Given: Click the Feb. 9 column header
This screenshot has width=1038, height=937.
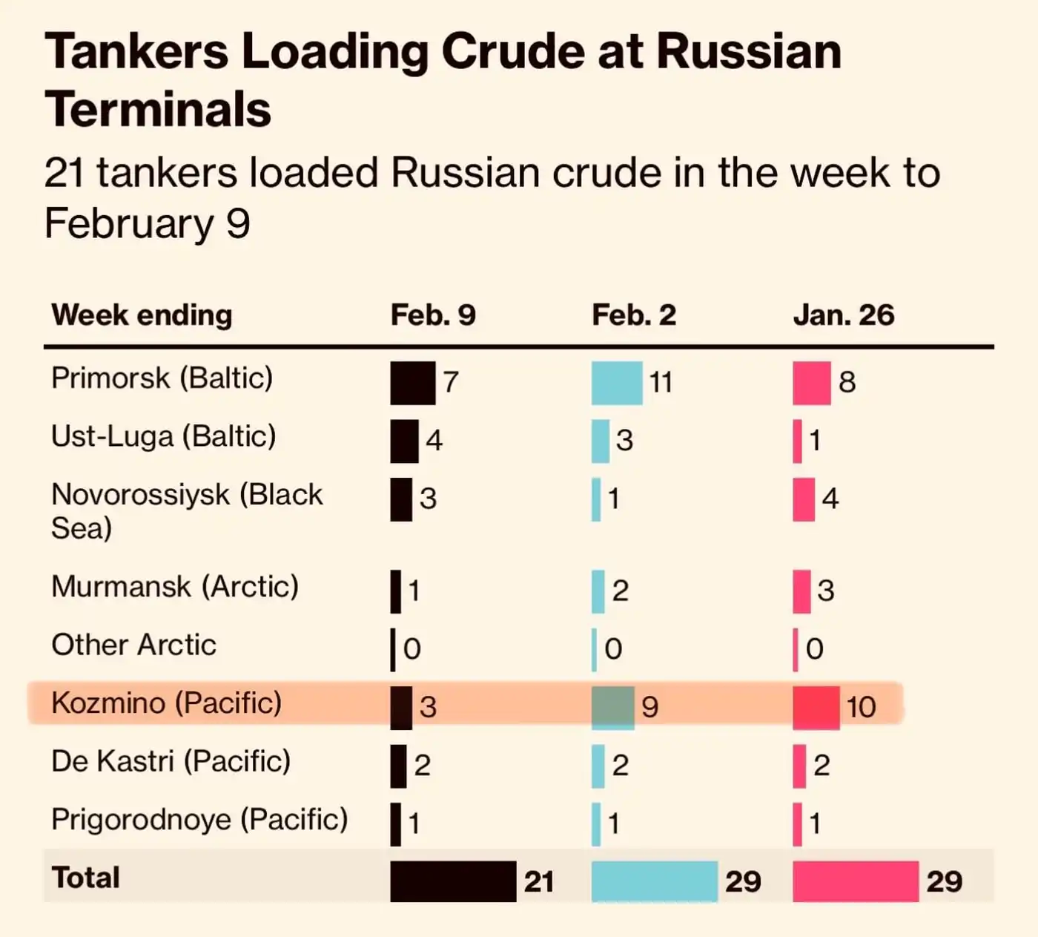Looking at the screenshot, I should click(433, 315).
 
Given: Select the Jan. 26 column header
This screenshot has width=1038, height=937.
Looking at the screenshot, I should click(844, 315).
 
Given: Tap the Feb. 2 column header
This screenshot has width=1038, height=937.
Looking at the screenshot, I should click(634, 315).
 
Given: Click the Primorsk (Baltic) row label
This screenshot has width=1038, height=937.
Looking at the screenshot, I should click(162, 378).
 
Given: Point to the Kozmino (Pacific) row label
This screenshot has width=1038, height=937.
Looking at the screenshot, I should click(166, 703).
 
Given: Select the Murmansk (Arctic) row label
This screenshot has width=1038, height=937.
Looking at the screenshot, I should click(175, 587).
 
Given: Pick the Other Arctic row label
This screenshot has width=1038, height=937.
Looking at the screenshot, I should click(133, 645).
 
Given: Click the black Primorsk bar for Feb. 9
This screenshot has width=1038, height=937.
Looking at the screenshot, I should click(412, 383).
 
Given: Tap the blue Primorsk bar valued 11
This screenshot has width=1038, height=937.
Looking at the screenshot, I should click(617, 383).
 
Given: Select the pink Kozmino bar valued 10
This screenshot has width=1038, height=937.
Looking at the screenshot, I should click(816, 707).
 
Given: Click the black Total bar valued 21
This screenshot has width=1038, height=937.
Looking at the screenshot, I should click(453, 881).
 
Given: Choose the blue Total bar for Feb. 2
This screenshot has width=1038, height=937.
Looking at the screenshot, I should click(655, 881).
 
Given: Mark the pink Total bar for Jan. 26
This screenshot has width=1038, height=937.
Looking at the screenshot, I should click(856, 881).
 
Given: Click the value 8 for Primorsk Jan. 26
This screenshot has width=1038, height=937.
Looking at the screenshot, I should click(847, 383).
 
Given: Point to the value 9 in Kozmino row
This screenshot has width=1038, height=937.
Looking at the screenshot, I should click(649, 707).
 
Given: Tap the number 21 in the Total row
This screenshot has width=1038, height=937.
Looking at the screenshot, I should click(539, 881).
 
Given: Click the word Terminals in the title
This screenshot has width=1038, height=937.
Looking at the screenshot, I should click(158, 110).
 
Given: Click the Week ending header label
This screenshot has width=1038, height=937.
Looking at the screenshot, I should click(142, 315).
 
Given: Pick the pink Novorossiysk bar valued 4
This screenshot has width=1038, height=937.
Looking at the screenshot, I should click(804, 499).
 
